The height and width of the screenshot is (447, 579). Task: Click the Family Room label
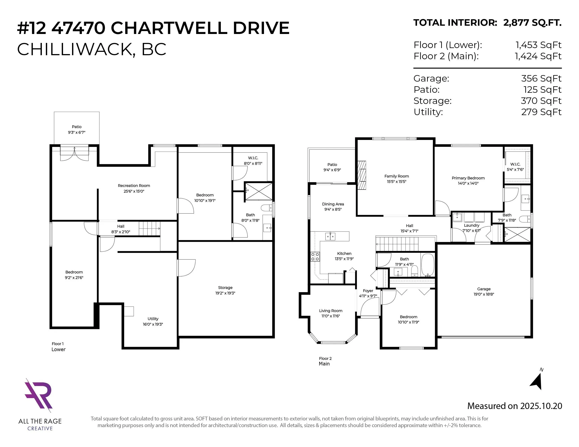(397, 176)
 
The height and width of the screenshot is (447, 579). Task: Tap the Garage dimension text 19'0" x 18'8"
(484, 294)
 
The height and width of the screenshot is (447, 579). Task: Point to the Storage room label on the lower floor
(225, 288)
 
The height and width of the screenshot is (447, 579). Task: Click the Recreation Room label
(134, 186)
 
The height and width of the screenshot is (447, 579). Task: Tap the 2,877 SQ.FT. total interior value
(532, 23)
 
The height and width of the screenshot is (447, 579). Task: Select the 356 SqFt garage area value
(541, 78)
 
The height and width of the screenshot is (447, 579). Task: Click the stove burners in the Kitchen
(315, 257)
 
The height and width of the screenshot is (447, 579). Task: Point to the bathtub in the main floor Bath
(427, 265)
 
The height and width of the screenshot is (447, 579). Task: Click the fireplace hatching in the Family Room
(362, 175)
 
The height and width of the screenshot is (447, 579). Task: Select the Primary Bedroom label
(468, 178)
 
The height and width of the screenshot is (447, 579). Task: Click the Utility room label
(153, 319)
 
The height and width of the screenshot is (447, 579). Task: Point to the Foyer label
(368, 291)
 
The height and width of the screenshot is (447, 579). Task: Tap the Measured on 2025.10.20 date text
(515, 406)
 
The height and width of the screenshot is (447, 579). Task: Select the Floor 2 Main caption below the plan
(325, 361)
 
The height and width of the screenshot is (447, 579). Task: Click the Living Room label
(331, 311)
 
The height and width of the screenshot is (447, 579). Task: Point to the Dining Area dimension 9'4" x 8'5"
(333, 209)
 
